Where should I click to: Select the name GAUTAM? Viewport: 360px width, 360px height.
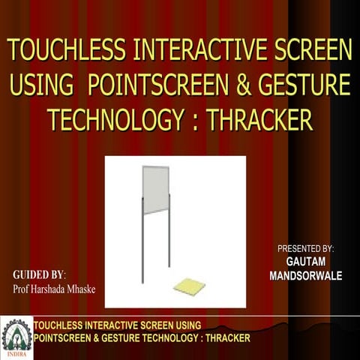point(305,262)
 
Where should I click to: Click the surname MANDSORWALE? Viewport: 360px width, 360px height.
point(305,276)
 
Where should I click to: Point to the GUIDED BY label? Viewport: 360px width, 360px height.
point(40,274)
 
